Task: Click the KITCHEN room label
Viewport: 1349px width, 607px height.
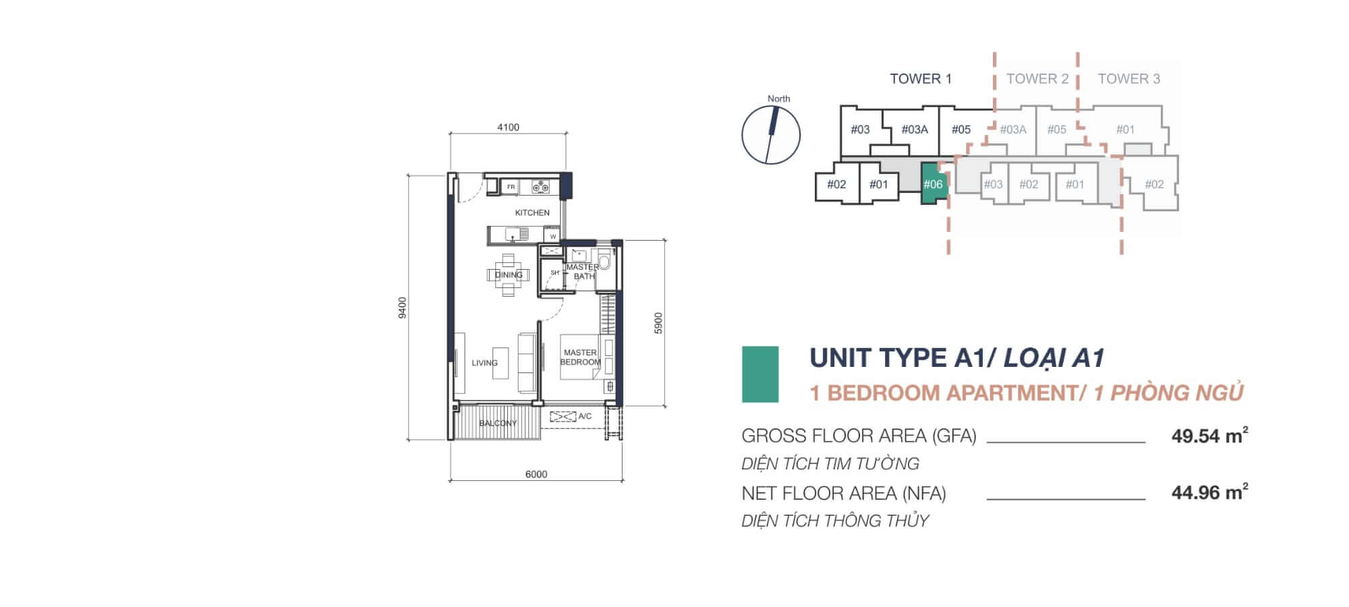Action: [x=532, y=212]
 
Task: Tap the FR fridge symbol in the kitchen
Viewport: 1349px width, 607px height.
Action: [x=511, y=187]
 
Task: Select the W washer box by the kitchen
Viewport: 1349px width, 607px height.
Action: [x=553, y=237]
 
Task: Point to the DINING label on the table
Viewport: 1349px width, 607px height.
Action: [x=509, y=274]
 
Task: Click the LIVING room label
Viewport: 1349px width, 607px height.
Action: [x=484, y=363]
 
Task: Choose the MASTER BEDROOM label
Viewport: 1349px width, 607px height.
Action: [x=580, y=357]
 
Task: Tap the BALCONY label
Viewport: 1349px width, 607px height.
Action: [x=498, y=423]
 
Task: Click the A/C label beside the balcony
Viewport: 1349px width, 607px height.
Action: [x=585, y=416]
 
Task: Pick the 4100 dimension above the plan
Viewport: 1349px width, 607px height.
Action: [x=508, y=127]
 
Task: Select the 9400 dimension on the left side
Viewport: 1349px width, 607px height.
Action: [x=403, y=308]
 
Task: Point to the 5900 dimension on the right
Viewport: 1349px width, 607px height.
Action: [x=659, y=323]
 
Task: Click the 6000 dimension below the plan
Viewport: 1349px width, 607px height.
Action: [x=536, y=474]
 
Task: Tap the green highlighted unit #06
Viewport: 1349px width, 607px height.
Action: [x=933, y=183]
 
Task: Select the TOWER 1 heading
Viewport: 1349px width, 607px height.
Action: [x=921, y=79]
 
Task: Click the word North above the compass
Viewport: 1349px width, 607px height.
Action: [x=778, y=98]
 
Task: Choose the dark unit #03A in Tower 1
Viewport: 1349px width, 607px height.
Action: [x=915, y=129]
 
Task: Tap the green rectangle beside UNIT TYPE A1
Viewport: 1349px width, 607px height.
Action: [x=760, y=374]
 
